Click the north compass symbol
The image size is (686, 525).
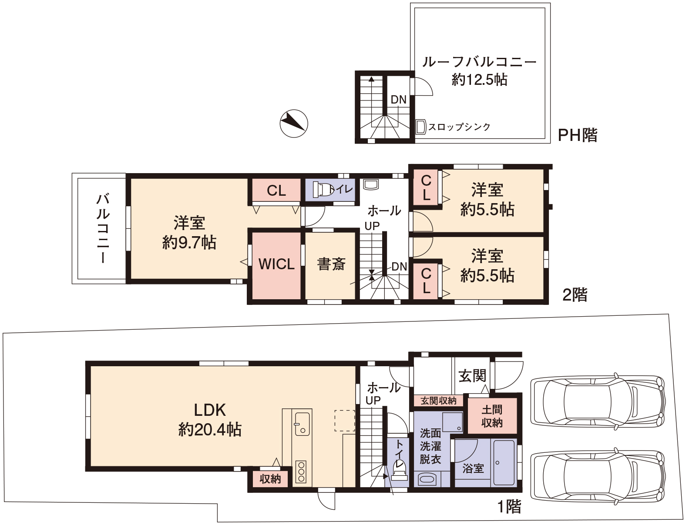[293, 124]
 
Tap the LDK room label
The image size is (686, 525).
[210, 410]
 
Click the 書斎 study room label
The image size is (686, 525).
[331, 264]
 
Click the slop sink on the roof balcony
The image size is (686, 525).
[420, 127]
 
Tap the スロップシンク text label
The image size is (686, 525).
[459, 127]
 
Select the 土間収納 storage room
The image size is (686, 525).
[492, 415]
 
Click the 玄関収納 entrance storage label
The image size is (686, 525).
[438, 401]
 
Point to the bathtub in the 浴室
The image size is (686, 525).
[504, 463]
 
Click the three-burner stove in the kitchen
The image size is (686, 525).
[301, 472]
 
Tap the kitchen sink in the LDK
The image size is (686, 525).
[302, 424]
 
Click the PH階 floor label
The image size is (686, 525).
[578, 135]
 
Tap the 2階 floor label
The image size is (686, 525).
[575, 295]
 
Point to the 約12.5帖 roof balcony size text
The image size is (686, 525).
[479, 80]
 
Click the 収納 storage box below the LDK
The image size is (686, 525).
[270, 479]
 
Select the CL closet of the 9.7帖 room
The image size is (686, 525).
[276, 190]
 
